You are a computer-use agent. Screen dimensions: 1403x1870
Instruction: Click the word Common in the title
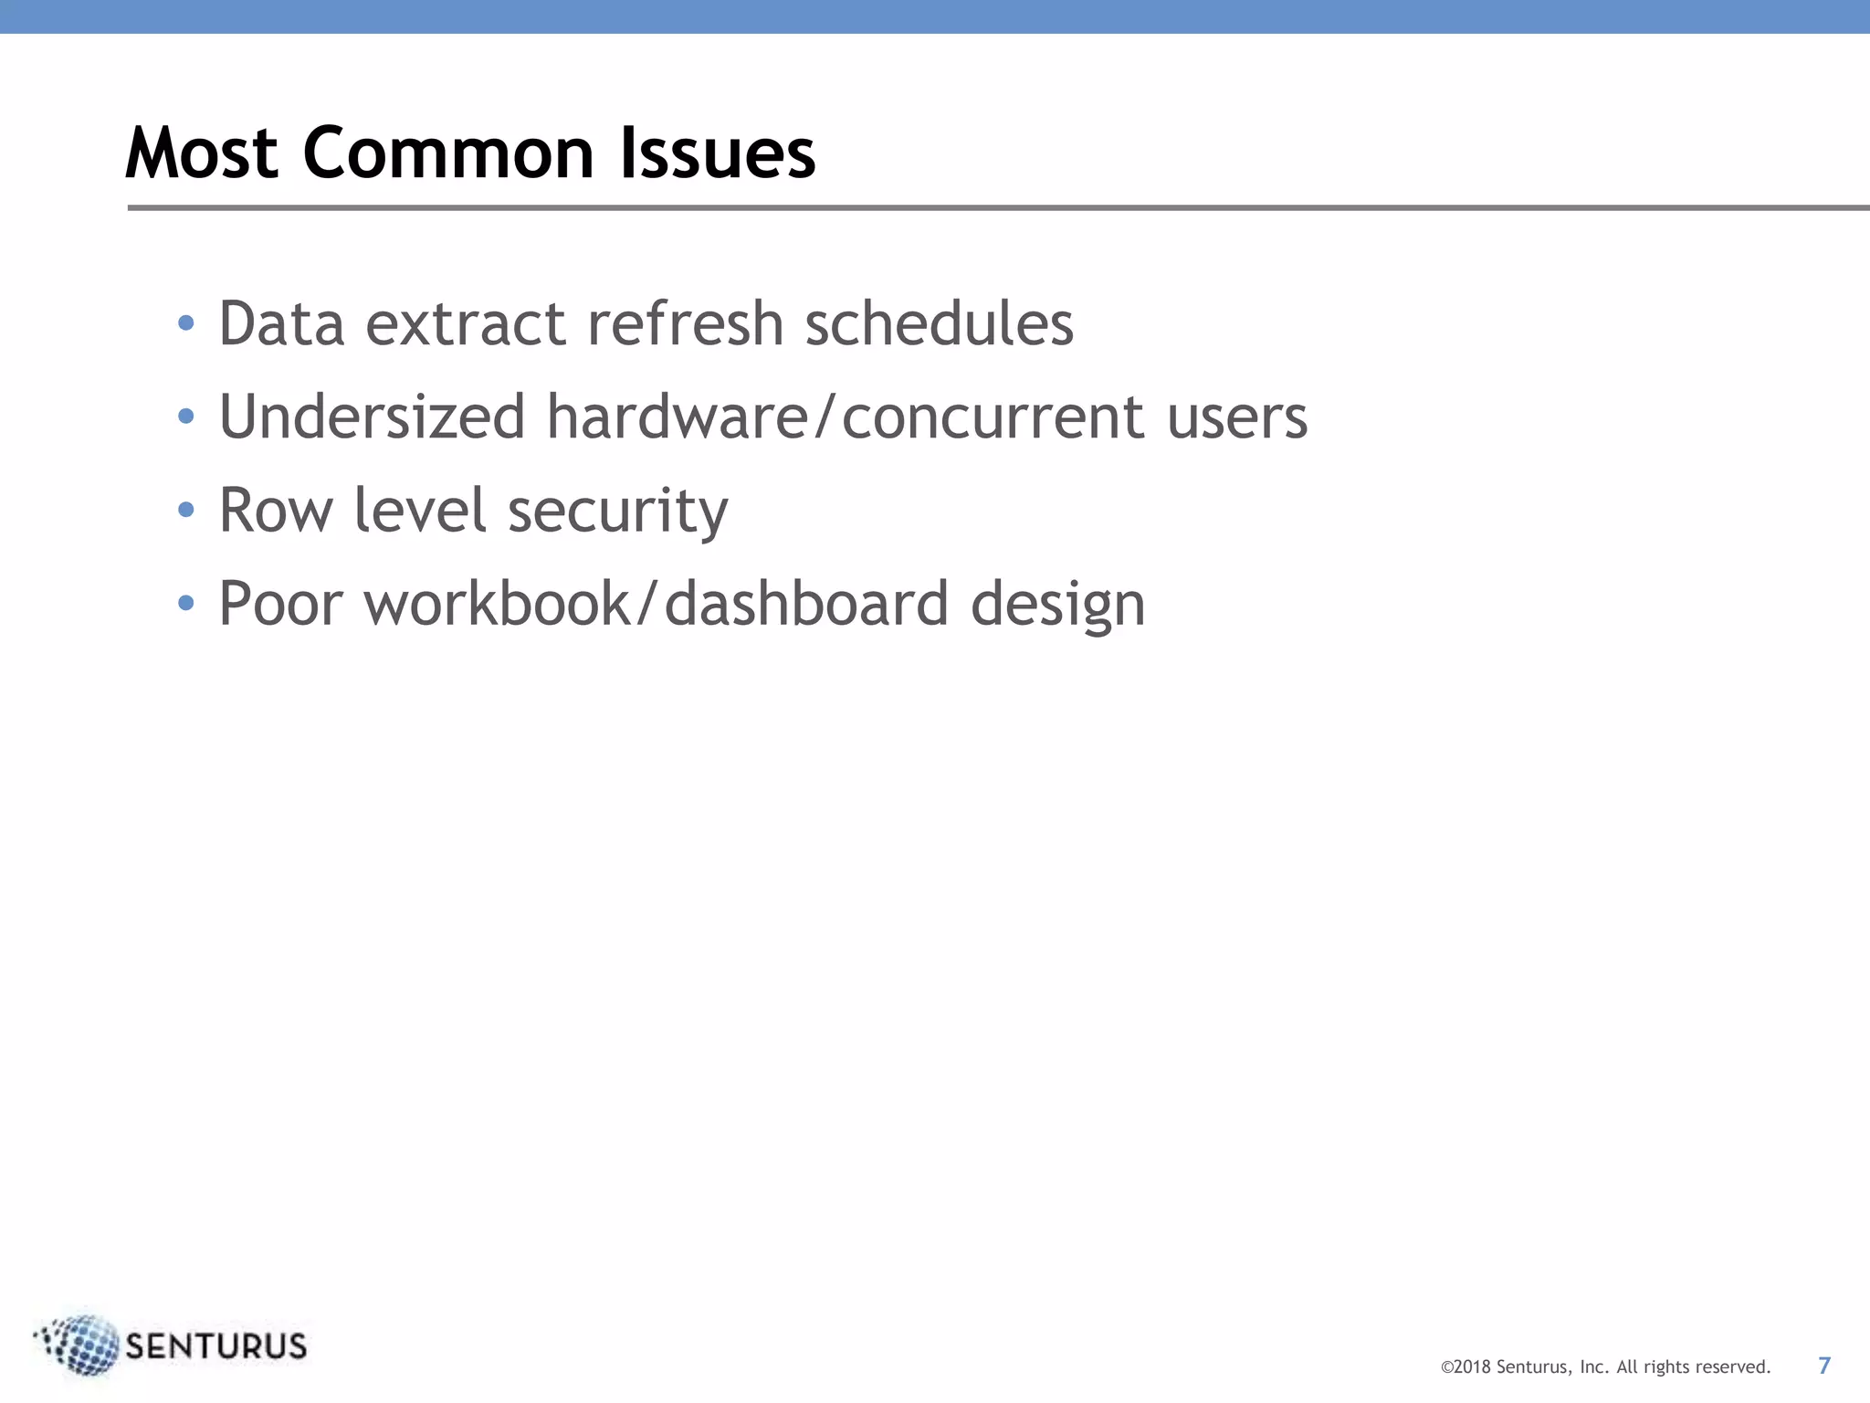click(x=447, y=153)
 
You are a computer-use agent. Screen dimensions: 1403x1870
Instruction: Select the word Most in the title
click(x=202, y=153)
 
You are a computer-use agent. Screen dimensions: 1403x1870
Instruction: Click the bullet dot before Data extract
click(x=186, y=323)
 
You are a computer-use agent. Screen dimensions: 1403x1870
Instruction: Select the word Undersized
click(x=373, y=417)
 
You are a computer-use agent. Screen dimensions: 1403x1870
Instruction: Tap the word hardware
click(x=678, y=417)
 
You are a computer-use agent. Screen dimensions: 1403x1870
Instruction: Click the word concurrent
click(x=993, y=417)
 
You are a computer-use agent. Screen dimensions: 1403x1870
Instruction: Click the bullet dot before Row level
click(x=186, y=510)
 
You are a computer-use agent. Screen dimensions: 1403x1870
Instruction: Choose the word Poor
click(x=281, y=604)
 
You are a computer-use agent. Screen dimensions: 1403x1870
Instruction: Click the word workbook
click(x=497, y=604)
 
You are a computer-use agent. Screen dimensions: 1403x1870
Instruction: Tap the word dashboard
click(x=806, y=604)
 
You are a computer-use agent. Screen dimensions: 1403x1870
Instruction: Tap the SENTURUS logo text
click(x=216, y=1346)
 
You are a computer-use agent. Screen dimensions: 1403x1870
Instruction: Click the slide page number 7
click(x=1824, y=1366)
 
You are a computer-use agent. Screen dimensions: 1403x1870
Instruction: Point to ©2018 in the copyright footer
click(x=1466, y=1367)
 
